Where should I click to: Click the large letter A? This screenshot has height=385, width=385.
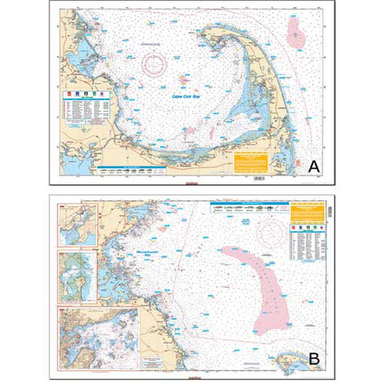point(314,167)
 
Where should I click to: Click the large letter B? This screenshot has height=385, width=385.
point(314,359)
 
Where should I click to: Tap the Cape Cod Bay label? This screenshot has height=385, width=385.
point(189,96)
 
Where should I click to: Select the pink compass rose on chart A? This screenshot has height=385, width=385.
point(154,64)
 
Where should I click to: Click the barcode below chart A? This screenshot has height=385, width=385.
point(259,179)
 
